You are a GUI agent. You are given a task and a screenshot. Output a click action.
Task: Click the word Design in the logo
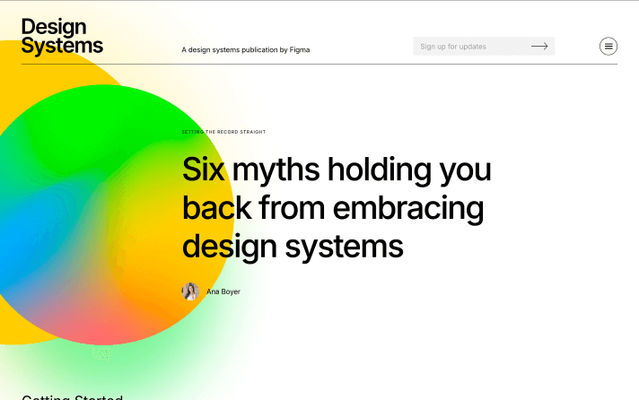click(x=54, y=27)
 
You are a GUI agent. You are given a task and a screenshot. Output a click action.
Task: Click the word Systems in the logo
click(x=62, y=46)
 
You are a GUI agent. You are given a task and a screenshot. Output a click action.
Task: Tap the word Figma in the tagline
click(x=300, y=50)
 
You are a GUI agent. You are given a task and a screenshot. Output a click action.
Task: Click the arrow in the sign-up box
click(x=539, y=47)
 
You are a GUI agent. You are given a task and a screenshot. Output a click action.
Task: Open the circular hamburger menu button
click(x=608, y=47)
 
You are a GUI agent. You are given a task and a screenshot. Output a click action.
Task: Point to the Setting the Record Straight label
click(x=223, y=132)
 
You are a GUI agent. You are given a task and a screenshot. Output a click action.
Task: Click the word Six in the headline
click(x=203, y=170)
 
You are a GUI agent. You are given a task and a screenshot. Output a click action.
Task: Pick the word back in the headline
click(x=216, y=209)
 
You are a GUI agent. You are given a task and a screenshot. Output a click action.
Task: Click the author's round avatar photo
click(x=190, y=291)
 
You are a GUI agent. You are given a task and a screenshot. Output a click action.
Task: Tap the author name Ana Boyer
click(x=223, y=291)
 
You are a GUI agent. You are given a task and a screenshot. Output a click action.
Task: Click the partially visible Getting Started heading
click(x=72, y=397)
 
